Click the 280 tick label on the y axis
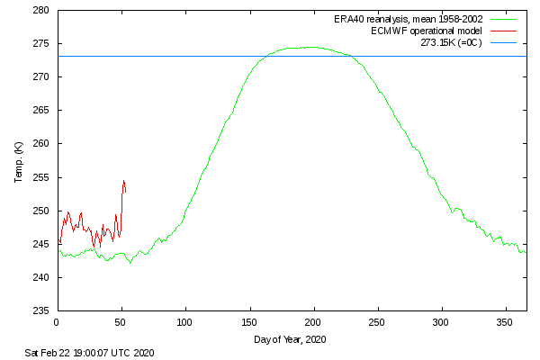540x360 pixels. [41, 11]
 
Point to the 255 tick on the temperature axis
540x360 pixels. [41, 177]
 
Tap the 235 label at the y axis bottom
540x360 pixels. [41, 310]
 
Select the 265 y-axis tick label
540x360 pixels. [41, 111]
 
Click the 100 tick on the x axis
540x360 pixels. [185, 321]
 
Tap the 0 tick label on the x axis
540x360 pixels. [57, 321]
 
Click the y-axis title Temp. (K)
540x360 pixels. [18, 161]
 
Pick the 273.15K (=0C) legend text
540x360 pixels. [452, 42]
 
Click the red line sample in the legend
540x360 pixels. [504, 31]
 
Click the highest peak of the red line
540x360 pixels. [124, 181]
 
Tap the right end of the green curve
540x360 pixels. [526, 251]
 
